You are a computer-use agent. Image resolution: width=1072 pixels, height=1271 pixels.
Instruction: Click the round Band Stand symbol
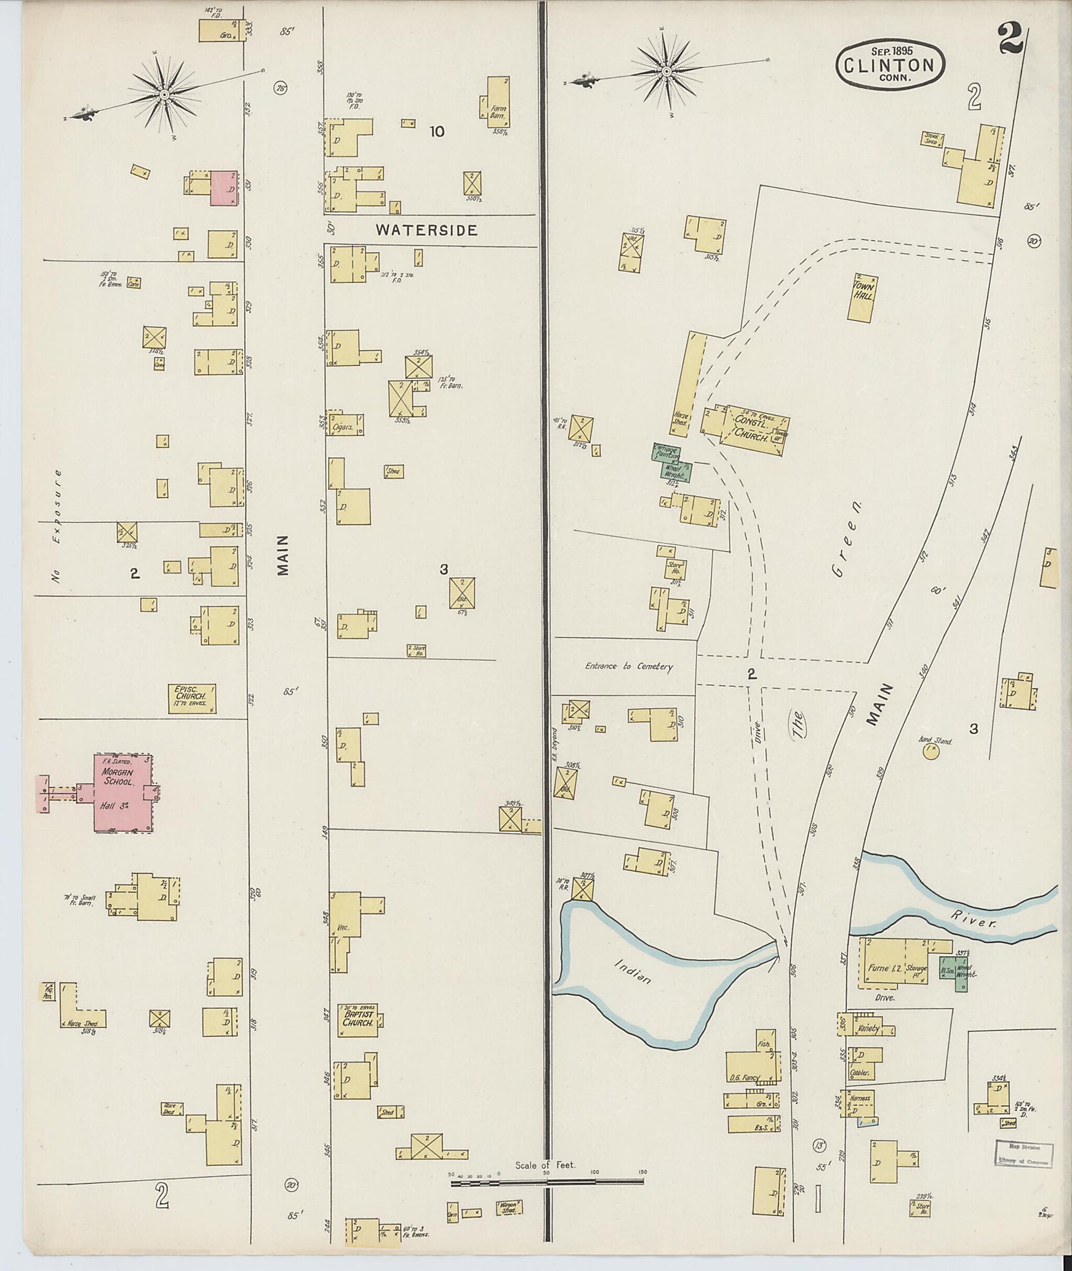(x=930, y=752)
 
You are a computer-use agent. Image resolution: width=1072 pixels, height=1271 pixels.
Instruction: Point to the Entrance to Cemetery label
(x=629, y=666)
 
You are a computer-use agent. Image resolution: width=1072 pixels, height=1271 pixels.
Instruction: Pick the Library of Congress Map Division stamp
(x=1023, y=1155)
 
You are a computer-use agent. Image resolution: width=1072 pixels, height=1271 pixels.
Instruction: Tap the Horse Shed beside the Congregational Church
(x=684, y=384)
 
